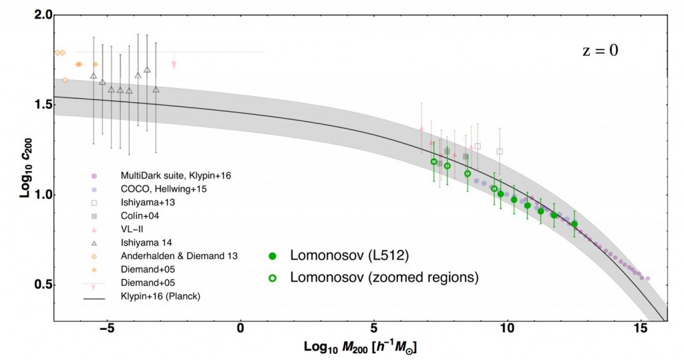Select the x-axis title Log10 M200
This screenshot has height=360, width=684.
pos(361,347)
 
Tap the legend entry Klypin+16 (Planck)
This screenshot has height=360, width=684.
pos(154,296)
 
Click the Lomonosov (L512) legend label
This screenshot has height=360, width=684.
pos(349,256)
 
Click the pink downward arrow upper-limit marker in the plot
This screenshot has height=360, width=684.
pos(174,65)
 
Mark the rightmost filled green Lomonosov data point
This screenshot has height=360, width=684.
pos(574,224)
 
